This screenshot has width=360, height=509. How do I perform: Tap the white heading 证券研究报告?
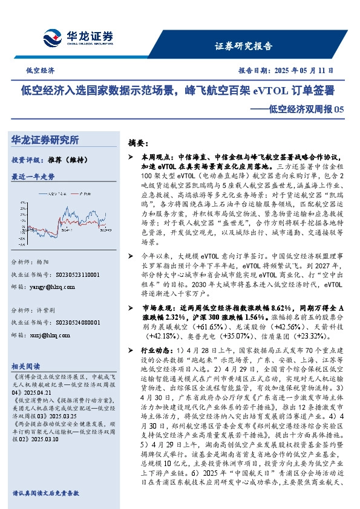244,46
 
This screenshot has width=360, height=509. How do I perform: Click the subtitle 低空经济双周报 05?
301,109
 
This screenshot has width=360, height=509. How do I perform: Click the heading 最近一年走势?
33,177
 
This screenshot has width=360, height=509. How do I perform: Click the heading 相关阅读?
25,366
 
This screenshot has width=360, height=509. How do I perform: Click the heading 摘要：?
139,144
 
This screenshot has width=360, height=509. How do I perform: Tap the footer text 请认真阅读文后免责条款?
45,493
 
